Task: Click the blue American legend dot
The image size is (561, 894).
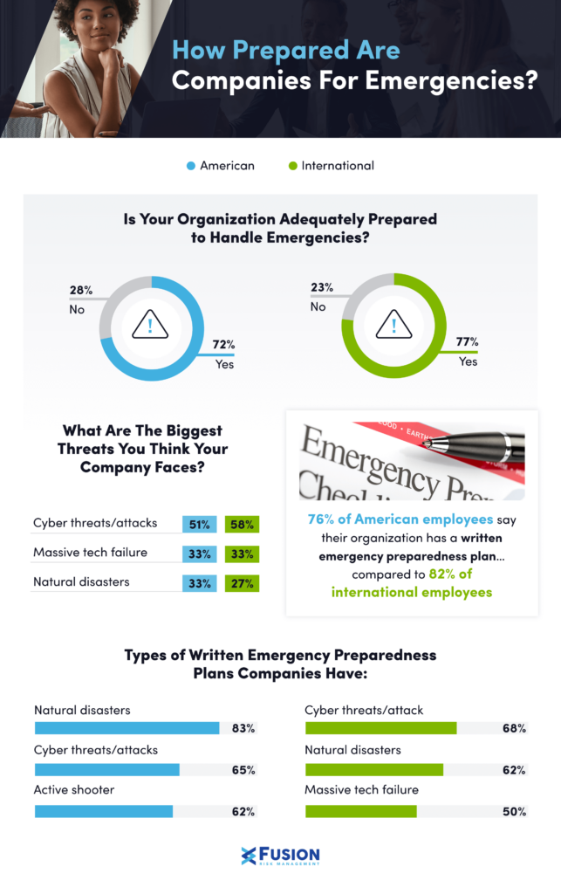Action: [x=190, y=166]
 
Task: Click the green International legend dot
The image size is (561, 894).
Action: [x=292, y=166]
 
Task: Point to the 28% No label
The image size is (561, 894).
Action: [x=81, y=297]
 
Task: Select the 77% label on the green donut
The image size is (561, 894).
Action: [x=467, y=342]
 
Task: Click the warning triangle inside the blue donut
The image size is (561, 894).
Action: [x=150, y=327]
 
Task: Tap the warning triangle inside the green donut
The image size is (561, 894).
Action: [x=393, y=327]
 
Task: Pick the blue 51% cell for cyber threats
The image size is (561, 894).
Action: [x=199, y=525]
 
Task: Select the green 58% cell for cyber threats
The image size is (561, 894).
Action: [x=242, y=525]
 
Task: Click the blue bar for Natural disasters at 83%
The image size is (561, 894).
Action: [x=127, y=728]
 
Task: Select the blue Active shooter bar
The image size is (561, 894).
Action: [x=104, y=811]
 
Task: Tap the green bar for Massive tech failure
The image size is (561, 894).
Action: [x=361, y=811]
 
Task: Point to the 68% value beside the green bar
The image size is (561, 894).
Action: [x=514, y=728]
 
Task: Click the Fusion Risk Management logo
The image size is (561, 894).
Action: [x=280, y=856]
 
